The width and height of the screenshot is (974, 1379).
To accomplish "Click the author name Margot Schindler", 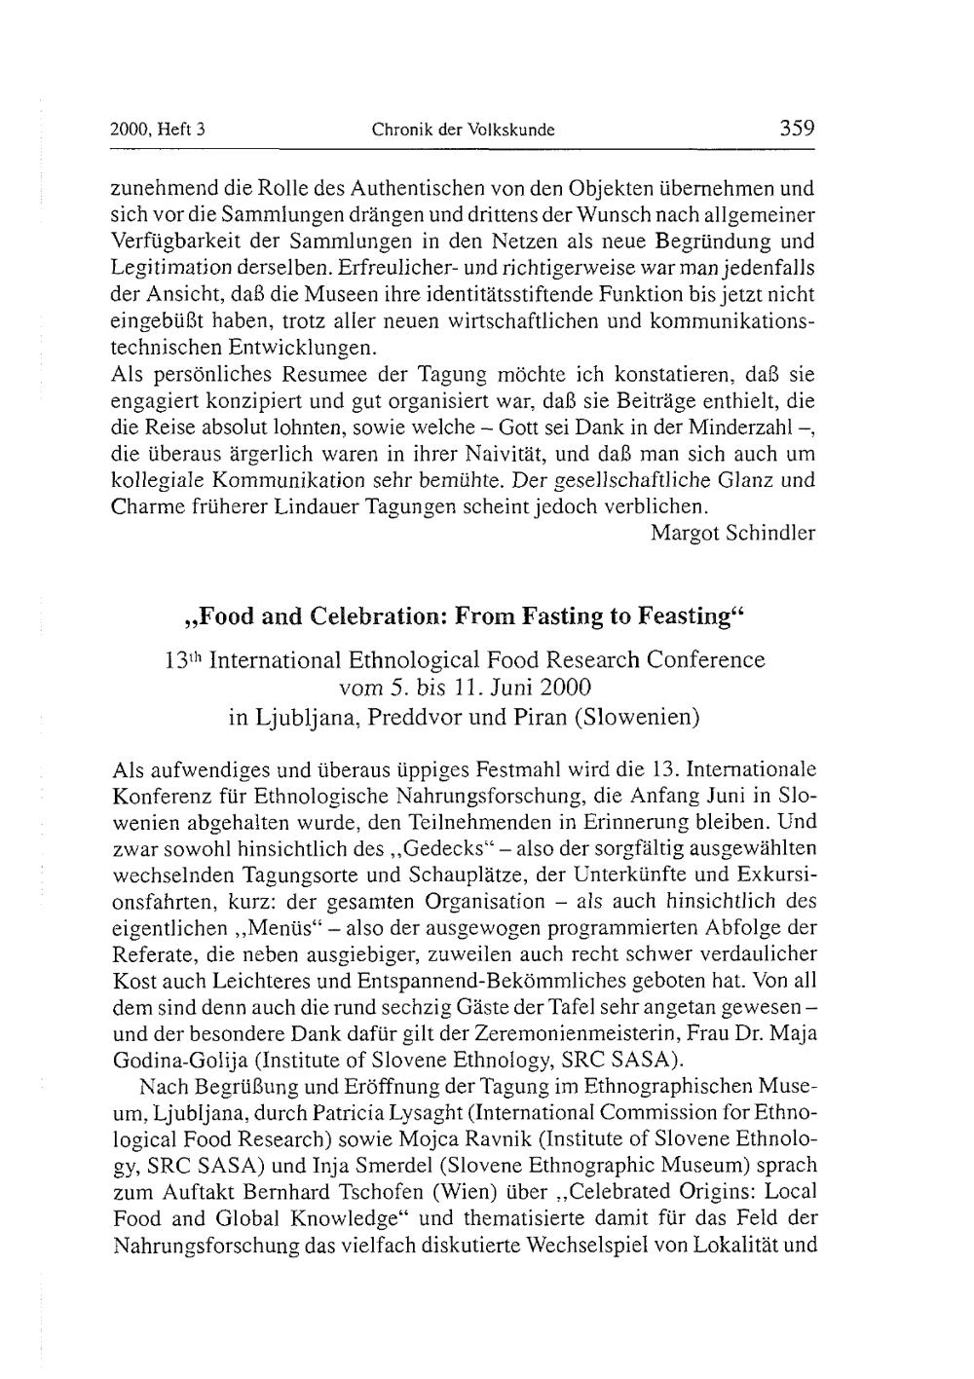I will (x=732, y=533).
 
